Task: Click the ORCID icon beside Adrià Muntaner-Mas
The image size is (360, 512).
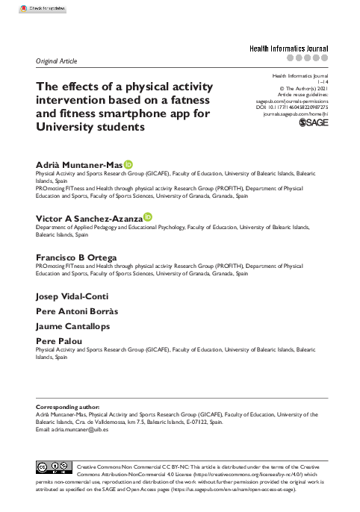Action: tap(128, 163)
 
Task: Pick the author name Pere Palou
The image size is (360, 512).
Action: tap(58, 341)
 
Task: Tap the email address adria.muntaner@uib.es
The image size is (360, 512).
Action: tap(72, 430)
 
